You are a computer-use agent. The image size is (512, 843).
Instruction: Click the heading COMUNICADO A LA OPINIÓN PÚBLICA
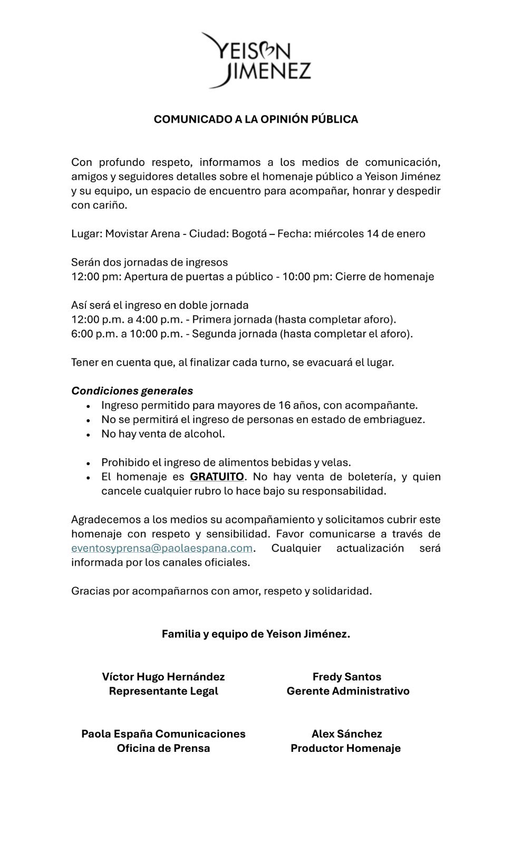tap(256, 119)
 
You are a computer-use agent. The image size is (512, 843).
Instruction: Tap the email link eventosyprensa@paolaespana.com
tap(162, 548)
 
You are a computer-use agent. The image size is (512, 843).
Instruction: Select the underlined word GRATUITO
tap(217, 477)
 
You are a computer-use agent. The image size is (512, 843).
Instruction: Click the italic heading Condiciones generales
tap(132, 391)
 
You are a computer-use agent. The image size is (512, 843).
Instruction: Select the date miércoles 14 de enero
tap(370, 233)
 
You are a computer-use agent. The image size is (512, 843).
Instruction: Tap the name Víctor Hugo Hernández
tap(163, 677)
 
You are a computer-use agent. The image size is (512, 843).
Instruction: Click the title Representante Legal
tap(163, 691)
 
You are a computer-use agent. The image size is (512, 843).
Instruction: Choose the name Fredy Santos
tap(347, 677)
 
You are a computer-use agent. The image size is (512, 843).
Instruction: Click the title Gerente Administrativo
tap(348, 691)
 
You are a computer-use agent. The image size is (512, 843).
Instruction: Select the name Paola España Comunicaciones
tap(163, 733)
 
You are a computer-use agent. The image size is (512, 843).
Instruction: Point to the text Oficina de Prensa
tap(163, 748)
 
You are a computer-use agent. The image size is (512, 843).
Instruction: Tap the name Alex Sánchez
tap(347, 733)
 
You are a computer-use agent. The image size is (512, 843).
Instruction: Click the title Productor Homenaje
tap(346, 748)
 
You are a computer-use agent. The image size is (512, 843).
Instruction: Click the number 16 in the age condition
tap(284, 405)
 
